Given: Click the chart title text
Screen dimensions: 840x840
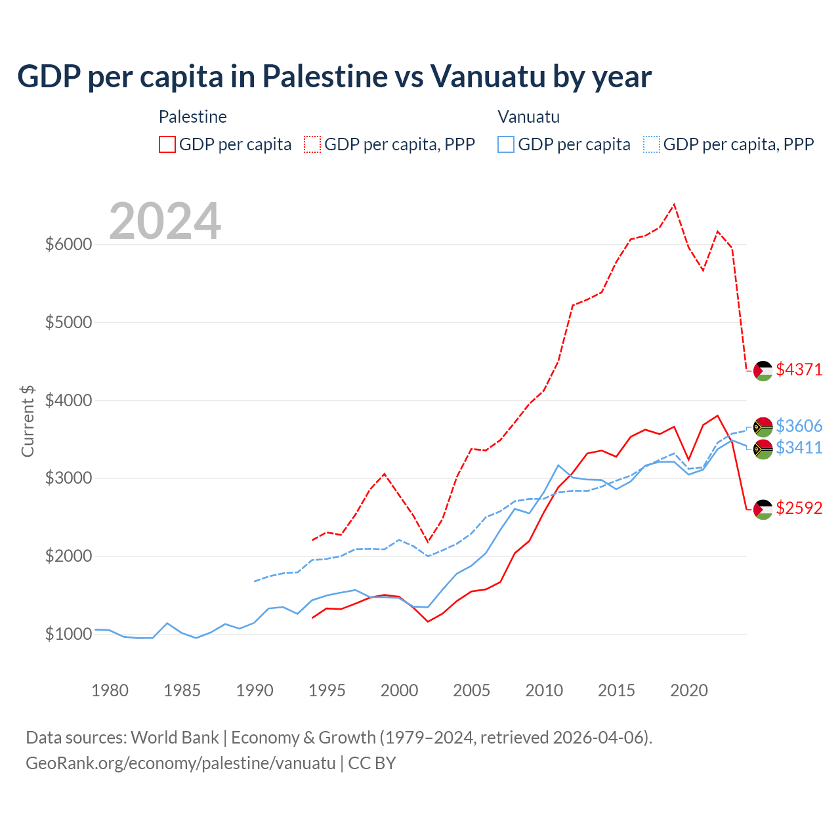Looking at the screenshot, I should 334,77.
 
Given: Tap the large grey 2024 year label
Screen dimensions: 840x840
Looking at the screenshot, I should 165,222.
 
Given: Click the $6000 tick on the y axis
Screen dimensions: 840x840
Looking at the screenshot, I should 68,245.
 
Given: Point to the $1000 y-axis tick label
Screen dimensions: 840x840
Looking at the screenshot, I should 68,635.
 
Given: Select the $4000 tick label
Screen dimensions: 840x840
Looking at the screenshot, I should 68,400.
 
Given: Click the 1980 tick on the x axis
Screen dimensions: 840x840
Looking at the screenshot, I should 110,690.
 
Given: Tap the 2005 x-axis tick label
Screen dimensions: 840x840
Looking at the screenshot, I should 472,690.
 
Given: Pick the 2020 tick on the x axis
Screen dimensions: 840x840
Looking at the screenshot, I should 689,690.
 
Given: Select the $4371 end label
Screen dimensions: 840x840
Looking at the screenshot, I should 799,370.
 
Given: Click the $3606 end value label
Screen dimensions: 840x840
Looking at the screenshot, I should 799,427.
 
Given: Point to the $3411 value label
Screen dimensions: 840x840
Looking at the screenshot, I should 799,448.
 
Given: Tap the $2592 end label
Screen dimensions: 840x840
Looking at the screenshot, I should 799,509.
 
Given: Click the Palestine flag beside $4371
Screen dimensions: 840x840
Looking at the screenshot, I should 763,371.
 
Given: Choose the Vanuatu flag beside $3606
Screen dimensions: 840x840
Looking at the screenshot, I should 763,427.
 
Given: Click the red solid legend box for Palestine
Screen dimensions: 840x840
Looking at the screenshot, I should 167,144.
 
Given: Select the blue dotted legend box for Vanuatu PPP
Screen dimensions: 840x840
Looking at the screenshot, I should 652,144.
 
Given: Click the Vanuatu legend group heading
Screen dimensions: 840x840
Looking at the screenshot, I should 528,117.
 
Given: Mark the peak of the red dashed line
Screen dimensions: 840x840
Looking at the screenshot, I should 675,204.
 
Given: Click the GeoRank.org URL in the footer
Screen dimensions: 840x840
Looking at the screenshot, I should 180,763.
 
